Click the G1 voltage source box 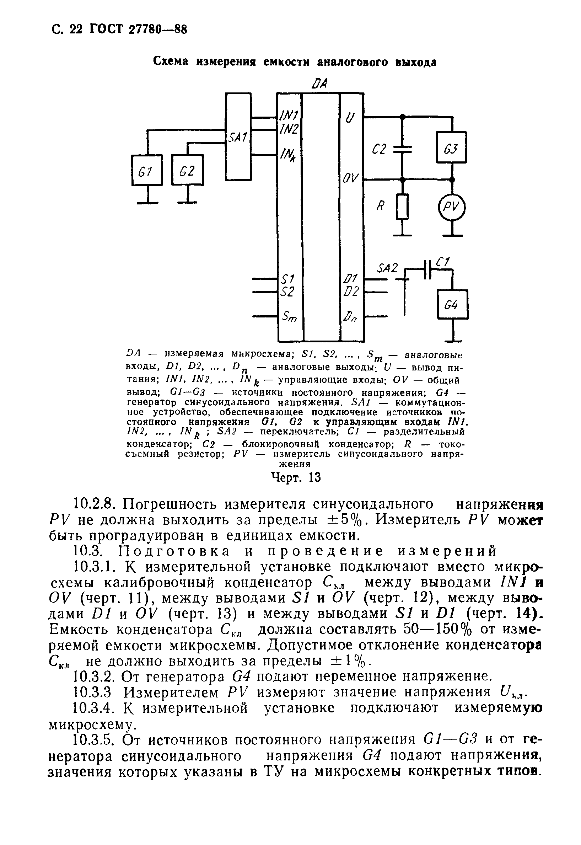147,170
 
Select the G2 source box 188,170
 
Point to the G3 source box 451,147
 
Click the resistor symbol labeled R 403,207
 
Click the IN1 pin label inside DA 289,116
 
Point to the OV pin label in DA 351,178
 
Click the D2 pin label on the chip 351,292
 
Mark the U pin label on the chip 349,118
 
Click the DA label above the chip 319,84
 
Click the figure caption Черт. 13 296,477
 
